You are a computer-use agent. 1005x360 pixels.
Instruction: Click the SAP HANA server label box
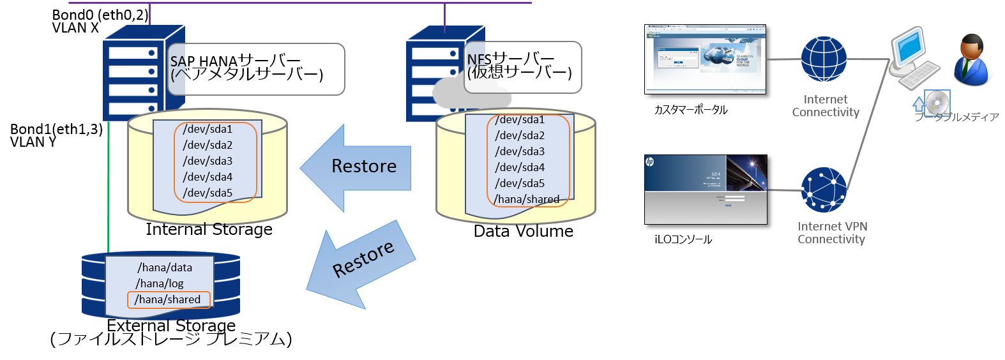click(x=255, y=69)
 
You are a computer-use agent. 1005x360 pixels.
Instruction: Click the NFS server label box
click(x=522, y=67)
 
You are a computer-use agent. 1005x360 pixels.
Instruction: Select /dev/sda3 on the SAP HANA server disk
click(x=208, y=161)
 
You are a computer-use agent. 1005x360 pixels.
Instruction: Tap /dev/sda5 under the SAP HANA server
click(x=208, y=193)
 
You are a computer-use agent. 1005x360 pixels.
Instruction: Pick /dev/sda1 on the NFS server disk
click(x=520, y=120)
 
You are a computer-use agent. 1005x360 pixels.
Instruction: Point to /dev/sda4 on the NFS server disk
click(x=520, y=167)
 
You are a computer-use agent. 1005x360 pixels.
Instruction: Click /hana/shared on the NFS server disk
click(x=527, y=199)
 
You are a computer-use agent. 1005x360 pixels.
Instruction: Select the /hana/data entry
click(x=165, y=267)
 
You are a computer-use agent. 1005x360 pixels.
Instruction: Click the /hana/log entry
click(x=160, y=283)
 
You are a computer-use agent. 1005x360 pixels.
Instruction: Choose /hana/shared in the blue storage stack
click(x=168, y=299)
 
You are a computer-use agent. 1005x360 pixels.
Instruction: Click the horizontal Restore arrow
click(x=358, y=167)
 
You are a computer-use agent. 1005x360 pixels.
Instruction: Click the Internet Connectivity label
click(x=826, y=106)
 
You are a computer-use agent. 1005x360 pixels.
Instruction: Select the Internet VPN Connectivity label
click(x=832, y=233)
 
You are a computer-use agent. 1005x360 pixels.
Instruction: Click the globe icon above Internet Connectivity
click(x=824, y=59)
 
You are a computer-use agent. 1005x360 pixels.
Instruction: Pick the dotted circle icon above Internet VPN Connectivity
click(x=824, y=190)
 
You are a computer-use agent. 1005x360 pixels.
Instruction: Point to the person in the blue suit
click(x=972, y=61)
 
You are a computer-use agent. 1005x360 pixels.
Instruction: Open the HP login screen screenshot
click(x=706, y=190)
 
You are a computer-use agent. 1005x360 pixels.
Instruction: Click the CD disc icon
click(x=937, y=103)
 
